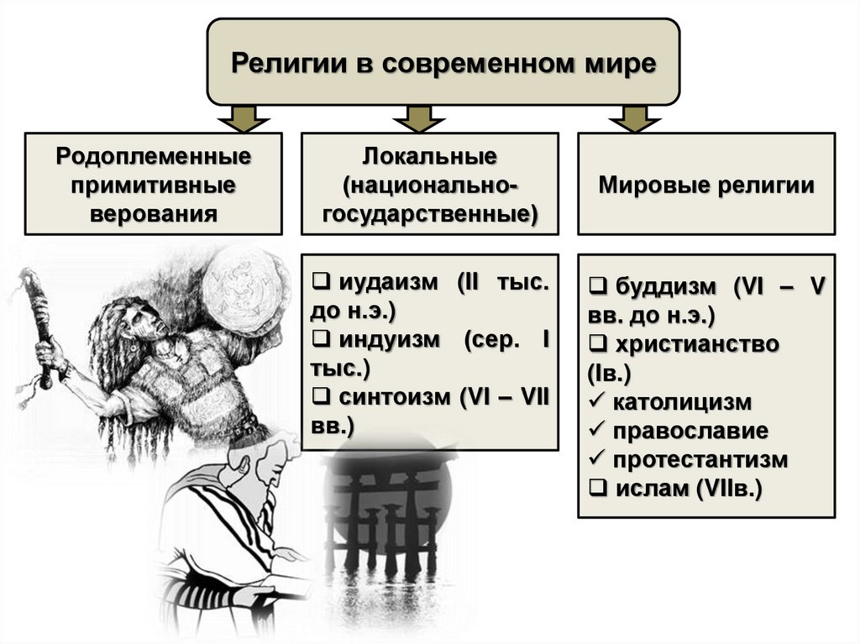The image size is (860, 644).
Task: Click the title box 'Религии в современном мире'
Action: coord(443,63)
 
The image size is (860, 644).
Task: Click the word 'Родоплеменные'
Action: coord(155,157)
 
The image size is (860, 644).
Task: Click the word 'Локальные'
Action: coord(429,157)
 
